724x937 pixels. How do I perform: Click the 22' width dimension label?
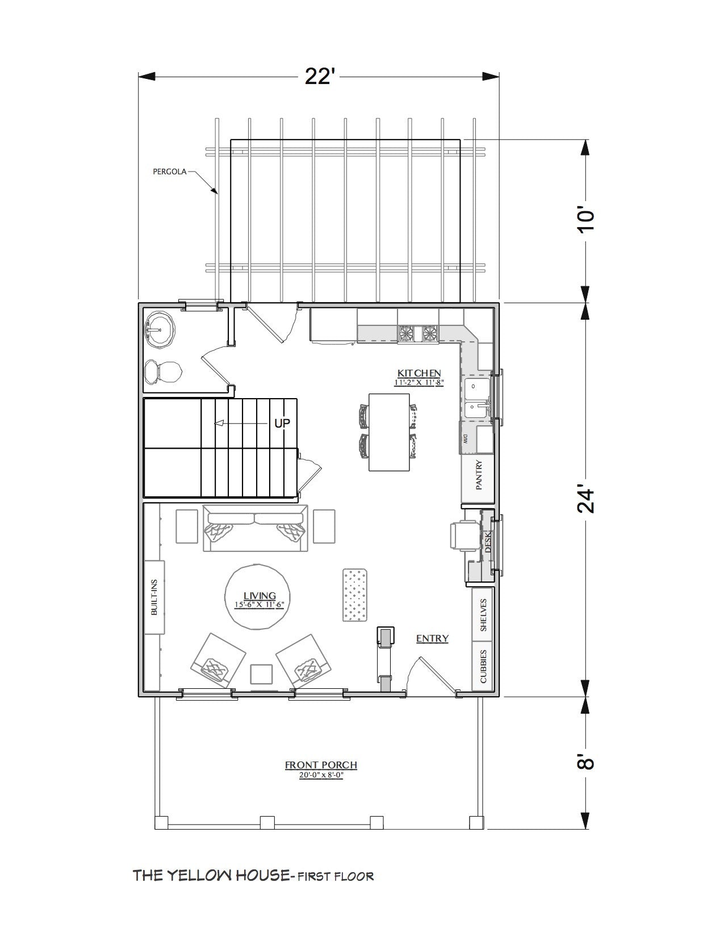(x=318, y=76)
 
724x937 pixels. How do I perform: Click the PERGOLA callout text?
(x=170, y=170)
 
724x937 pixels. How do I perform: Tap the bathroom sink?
(x=160, y=329)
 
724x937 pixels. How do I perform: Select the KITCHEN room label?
(x=419, y=373)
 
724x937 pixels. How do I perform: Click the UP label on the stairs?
(x=282, y=423)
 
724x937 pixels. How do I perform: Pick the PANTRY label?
(x=479, y=475)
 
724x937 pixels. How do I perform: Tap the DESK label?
(x=487, y=541)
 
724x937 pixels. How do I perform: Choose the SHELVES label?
(x=483, y=614)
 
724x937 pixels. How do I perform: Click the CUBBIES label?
(x=483, y=666)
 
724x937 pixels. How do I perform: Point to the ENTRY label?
(x=432, y=639)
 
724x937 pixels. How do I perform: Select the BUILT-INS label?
(x=154, y=598)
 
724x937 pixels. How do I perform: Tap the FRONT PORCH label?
(x=321, y=765)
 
